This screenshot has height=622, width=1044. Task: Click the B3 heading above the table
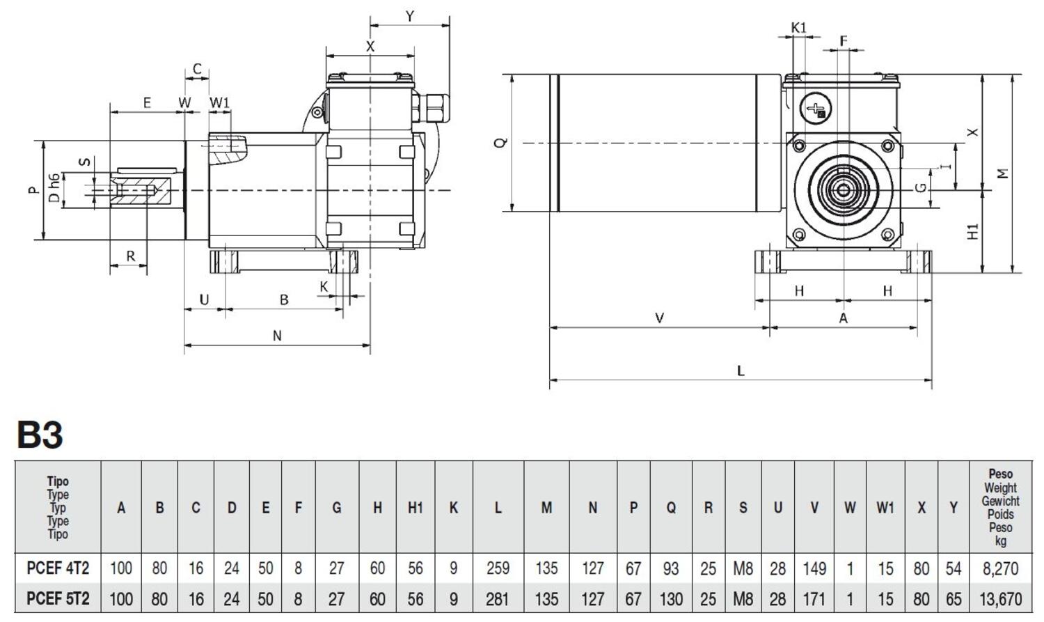40,435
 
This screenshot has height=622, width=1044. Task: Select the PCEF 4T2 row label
58,568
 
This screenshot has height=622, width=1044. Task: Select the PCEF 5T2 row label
58,599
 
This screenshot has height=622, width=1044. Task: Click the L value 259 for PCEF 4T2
498,568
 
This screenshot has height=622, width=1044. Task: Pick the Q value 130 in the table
670,599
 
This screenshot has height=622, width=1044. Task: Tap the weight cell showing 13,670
1001,599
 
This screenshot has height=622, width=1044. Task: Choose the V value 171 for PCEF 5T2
814,599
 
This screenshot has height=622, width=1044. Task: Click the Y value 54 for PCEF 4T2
953,568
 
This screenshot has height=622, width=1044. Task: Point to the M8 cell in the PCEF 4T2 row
743,568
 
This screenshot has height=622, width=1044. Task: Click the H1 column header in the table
415,508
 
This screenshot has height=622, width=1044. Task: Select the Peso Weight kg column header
1001,508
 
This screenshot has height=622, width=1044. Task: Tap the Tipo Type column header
58,508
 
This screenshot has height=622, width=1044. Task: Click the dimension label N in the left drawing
277,336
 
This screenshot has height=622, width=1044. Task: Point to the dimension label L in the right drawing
741,371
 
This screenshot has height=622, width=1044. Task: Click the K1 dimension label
798,28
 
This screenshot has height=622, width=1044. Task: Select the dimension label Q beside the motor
500,143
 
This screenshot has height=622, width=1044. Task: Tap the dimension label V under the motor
659,318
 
